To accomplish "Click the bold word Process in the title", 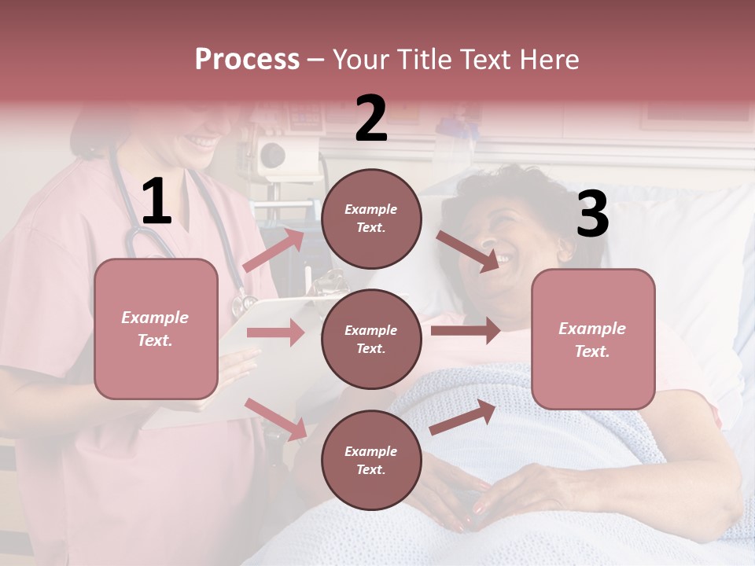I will (x=247, y=60).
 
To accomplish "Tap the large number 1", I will (x=157, y=202).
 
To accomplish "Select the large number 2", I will (x=371, y=119).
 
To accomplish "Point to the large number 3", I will (x=592, y=215).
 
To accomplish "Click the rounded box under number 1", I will (x=156, y=329).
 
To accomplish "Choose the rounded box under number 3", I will (x=593, y=339).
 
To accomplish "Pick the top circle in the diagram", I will (x=371, y=219).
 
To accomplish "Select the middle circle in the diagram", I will (x=371, y=339).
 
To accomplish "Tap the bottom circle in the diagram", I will (x=371, y=460).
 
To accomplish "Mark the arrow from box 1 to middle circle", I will (x=275, y=333).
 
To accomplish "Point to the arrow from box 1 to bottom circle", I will (x=275, y=418).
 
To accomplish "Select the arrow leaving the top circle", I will (x=467, y=252).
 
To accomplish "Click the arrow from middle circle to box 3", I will (x=465, y=331).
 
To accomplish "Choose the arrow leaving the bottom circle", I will (x=463, y=417).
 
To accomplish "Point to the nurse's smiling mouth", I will (x=203, y=142).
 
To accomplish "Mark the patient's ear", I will (x=565, y=250).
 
